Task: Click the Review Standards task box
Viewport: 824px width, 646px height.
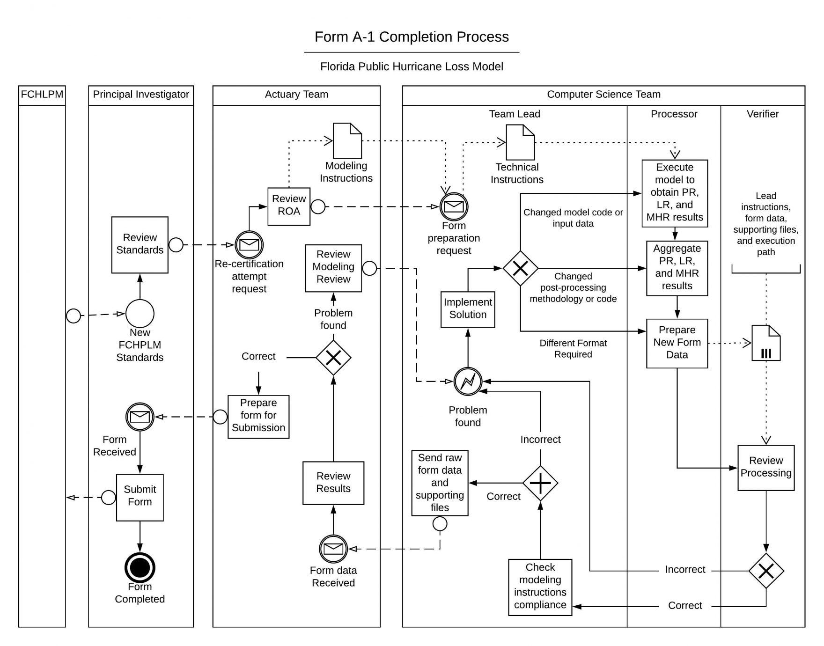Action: tap(140, 244)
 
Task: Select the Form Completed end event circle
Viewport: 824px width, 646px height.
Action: tap(140, 567)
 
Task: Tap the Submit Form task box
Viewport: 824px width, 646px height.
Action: tap(140, 497)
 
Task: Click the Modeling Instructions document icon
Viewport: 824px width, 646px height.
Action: tap(347, 140)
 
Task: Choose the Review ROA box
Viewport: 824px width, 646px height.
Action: tap(288, 206)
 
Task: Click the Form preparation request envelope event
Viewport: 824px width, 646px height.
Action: tap(454, 206)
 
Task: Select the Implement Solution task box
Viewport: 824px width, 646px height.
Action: tap(468, 309)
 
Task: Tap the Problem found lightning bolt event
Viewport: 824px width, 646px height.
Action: tap(468, 382)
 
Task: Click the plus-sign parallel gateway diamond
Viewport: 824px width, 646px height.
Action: tap(540, 483)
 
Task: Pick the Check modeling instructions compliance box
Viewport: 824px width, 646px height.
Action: tap(540, 587)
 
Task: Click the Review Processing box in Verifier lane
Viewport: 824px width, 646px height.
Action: tap(765, 467)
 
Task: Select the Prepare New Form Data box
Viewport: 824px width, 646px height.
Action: tap(677, 343)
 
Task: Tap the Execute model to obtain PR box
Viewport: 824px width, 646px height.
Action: tap(674, 193)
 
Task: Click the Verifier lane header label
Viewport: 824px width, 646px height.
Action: tap(762, 114)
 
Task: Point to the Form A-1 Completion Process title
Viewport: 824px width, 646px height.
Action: tap(411, 37)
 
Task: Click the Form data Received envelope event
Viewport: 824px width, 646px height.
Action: tap(333, 549)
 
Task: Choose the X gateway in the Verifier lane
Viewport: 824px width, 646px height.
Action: tap(765, 571)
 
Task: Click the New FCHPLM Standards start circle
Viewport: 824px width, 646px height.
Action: tap(140, 313)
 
